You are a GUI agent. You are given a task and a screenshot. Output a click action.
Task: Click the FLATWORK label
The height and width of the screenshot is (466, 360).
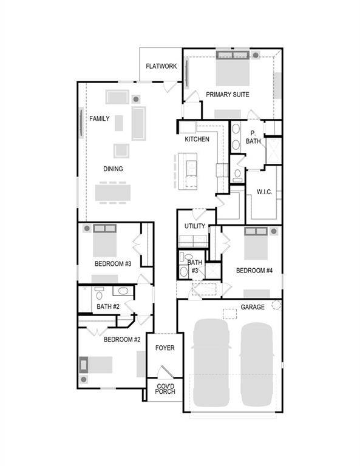pyautogui.click(x=161, y=66)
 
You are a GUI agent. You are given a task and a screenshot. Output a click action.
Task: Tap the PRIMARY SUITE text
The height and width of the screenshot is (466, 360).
pyautogui.click(x=227, y=95)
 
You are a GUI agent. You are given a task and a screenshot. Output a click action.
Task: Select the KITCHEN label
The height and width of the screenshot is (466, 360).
pyautogui.click(x=197, y=140)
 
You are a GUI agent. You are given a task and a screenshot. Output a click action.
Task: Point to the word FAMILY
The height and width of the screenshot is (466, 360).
pyautogui.click(x=100, y=119)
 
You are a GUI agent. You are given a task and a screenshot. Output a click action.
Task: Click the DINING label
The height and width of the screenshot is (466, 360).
pyautogui.click(x=113, y=169)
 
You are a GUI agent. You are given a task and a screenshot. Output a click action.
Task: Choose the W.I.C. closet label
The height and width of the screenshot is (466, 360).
pyautogui.click(x=264, y=192)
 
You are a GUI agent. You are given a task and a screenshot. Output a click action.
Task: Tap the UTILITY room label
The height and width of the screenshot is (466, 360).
pyautogui.click(x=195, y=227)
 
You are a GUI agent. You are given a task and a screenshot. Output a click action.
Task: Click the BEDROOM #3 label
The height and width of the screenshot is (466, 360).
pyautogui.click(x=113, y=264)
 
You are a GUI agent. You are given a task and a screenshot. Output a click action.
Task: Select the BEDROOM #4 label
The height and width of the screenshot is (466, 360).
pyautogui.click(x=254, y=271)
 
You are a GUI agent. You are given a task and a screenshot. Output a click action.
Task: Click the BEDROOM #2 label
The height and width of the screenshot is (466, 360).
pyautogui.click(x=122, y=340)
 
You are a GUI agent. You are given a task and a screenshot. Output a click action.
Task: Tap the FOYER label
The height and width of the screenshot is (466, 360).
pyautogui.click(x=165, y=348)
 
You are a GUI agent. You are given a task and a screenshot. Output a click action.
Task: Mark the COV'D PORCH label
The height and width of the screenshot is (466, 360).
pyautogui.click(x=165, y=389)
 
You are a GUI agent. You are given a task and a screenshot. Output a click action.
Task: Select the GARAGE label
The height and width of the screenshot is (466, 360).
pyautogui.click(x=252, y=308)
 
